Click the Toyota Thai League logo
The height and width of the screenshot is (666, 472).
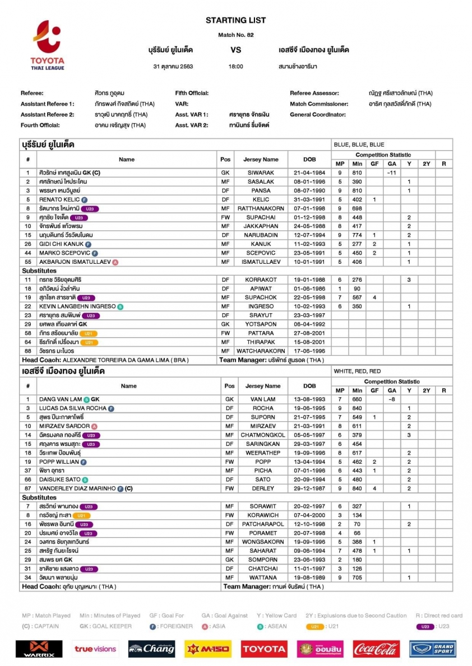tap(48, 45)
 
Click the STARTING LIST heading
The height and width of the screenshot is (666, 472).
tap(235, 20)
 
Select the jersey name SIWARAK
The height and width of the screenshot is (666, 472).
tap(261, 173)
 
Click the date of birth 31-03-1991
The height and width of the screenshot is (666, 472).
tap(309, 199)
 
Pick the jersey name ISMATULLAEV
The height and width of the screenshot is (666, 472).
tap(261, 262)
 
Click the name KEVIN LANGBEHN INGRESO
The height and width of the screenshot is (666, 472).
tap(77, 306)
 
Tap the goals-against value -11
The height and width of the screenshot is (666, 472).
tap(392, 173)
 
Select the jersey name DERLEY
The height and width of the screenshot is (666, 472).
tap(262, 488)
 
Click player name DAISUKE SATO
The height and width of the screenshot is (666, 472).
tap(60, 479)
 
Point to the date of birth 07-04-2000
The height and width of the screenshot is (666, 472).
tap(309, 515)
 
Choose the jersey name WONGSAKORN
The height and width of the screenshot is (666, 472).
tap(262, 542)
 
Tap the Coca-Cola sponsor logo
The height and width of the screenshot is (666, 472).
tap(376, 649)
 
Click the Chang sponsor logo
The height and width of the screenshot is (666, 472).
tap(151, 649)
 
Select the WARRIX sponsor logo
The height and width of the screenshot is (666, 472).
tap(39, 649)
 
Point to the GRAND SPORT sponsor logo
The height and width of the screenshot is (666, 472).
tap(432, 649)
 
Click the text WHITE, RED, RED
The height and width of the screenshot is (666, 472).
tap(357, 371)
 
